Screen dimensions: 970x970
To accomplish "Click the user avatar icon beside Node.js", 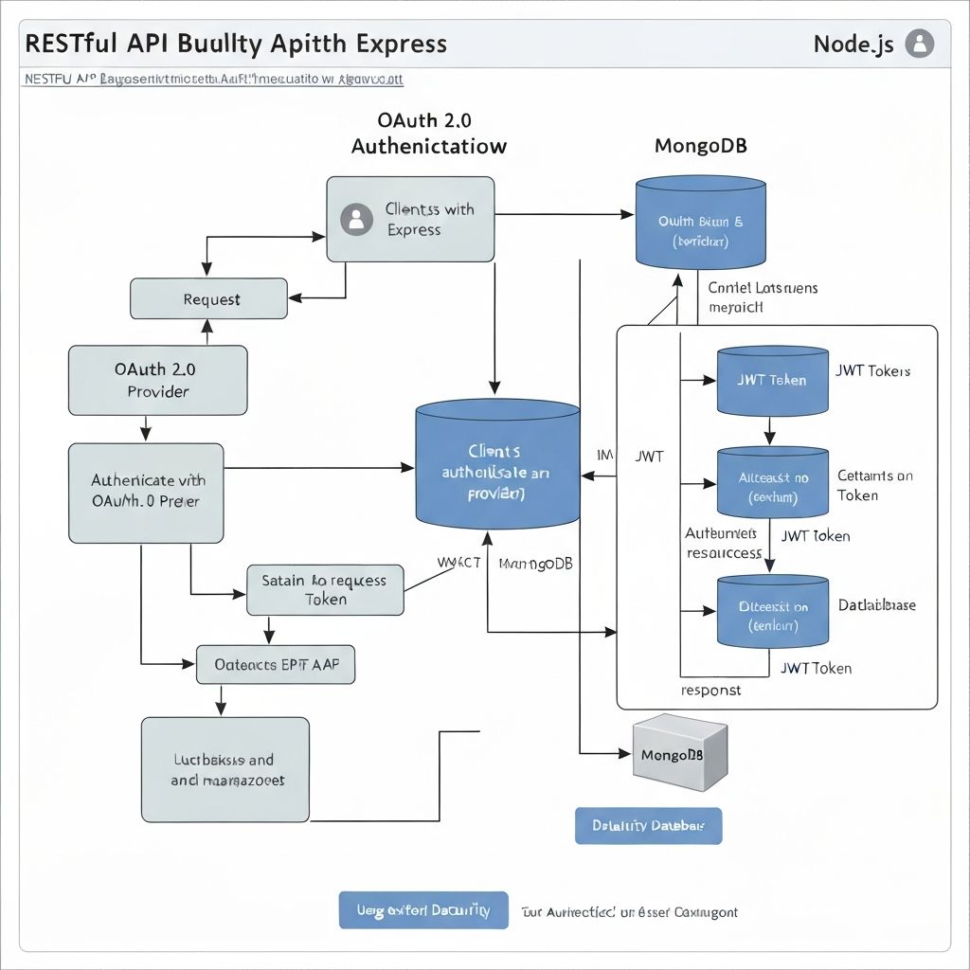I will [919, 44].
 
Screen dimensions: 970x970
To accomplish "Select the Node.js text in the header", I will [853, 45].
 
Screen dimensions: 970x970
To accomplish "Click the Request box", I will [208, 299].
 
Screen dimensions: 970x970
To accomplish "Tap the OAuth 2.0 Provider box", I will [157, 379].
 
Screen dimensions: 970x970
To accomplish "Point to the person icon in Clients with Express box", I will [356, 219].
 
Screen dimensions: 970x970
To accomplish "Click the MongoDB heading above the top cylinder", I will [700, 147].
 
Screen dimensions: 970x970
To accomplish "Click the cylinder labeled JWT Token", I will [772, 380].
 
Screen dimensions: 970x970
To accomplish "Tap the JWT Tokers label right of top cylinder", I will [872, 370].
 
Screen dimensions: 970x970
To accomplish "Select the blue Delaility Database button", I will [648, 825].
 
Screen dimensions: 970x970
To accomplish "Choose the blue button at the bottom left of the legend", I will [423, 910].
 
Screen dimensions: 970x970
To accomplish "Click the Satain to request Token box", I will [325, 590].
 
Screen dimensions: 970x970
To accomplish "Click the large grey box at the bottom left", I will [225, 769].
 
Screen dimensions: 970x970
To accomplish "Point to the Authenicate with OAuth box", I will [146, 492].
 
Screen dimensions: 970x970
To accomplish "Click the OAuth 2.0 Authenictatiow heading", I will [428, 134].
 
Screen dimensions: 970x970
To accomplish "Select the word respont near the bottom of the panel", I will [711, 691].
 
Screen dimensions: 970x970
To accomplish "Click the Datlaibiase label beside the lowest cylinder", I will [876, 605].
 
